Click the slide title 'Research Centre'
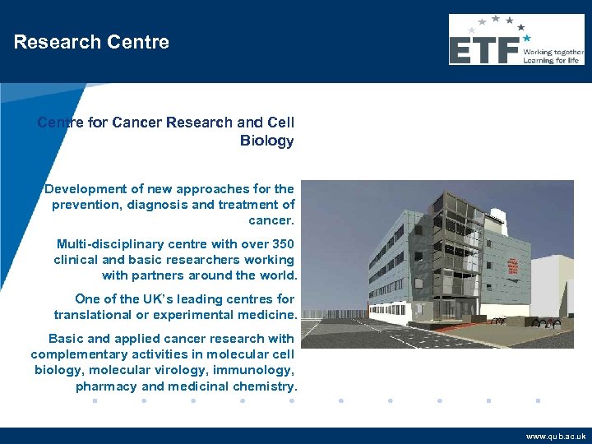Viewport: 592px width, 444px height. [x=91, y=43]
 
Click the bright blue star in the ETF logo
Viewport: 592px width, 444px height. [x=527, y=38]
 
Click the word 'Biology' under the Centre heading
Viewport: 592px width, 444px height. [x=266, y=141]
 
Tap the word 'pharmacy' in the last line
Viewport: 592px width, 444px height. [x=105, y=386]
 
